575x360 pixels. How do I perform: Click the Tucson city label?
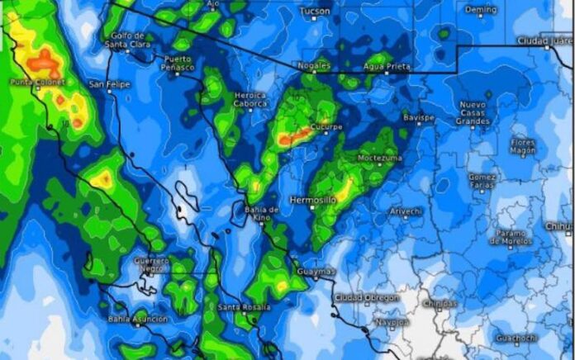(315, 11)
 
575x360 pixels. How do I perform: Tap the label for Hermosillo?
(312, 200)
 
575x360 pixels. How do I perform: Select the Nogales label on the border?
(314, 64)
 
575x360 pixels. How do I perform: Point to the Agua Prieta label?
(387, 65)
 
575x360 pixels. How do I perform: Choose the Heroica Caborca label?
(251, 100)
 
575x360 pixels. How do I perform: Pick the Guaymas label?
(316, 271)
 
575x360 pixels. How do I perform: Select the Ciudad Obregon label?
(367, 297)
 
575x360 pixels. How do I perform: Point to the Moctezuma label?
(380, 157)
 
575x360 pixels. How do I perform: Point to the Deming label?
(481, 10)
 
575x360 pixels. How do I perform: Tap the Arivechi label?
(406, 211)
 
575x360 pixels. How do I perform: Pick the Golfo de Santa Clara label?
(131, 40)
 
